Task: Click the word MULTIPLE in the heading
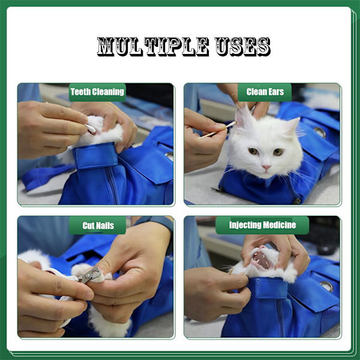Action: pos(153,47)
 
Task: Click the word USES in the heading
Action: pos(242,47)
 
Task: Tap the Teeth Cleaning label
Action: pos(97,92)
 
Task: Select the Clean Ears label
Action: pos(265,92)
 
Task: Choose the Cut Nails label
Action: pos(98,226)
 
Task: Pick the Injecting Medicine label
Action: pos(262,225)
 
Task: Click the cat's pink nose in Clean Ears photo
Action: pos(266,167)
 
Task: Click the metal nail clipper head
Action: pos(91,275)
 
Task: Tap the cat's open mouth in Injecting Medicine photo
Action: pos(262,260)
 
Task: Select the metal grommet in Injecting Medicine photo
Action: pos(327,286)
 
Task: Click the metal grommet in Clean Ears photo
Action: pos(320,132)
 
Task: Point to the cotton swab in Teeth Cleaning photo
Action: pos(91,128)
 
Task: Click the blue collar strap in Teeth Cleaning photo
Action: pos(95,155)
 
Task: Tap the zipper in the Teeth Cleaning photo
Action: pos(113,186)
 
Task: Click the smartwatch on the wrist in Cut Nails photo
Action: pos(155,222)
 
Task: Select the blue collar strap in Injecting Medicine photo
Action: pos(268,288)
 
